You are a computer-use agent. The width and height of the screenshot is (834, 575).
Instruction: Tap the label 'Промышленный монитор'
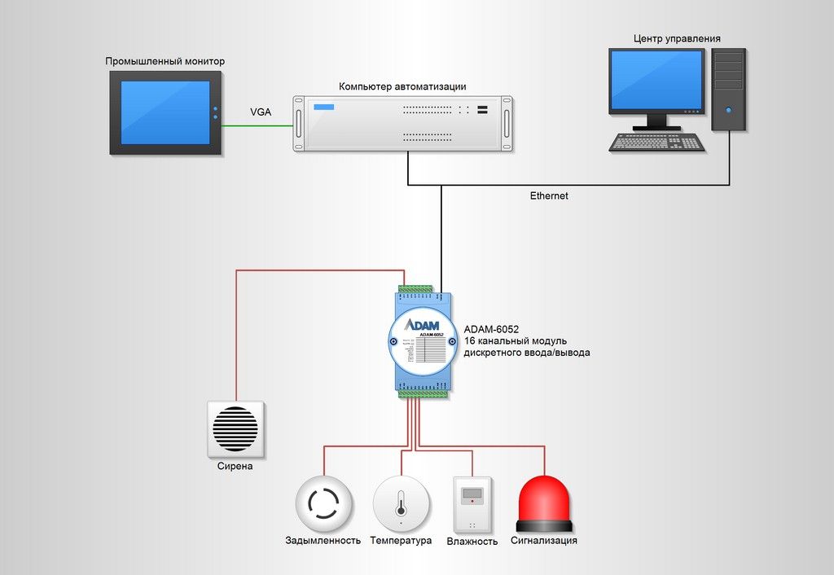[165, 62]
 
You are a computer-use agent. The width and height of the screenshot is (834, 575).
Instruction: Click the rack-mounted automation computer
[402, 124]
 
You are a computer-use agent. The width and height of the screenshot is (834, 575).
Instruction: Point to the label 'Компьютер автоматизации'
[402, 86]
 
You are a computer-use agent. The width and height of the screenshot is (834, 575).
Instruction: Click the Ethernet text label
[549, 196]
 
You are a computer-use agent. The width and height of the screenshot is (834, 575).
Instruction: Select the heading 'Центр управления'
[677, 38]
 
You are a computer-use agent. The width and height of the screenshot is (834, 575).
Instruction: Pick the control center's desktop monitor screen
[656, 80]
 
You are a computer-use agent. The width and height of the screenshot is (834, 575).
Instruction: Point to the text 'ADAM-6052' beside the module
[491, 329]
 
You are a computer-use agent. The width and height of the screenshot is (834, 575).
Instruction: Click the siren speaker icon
[235, 428]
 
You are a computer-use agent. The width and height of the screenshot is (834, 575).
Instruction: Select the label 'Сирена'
[235, 467]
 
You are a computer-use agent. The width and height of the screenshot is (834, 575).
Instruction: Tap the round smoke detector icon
[323, 504]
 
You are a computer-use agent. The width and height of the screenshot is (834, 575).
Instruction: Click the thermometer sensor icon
[401, 504]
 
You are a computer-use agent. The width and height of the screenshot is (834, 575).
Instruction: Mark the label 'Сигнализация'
[544, 541]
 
